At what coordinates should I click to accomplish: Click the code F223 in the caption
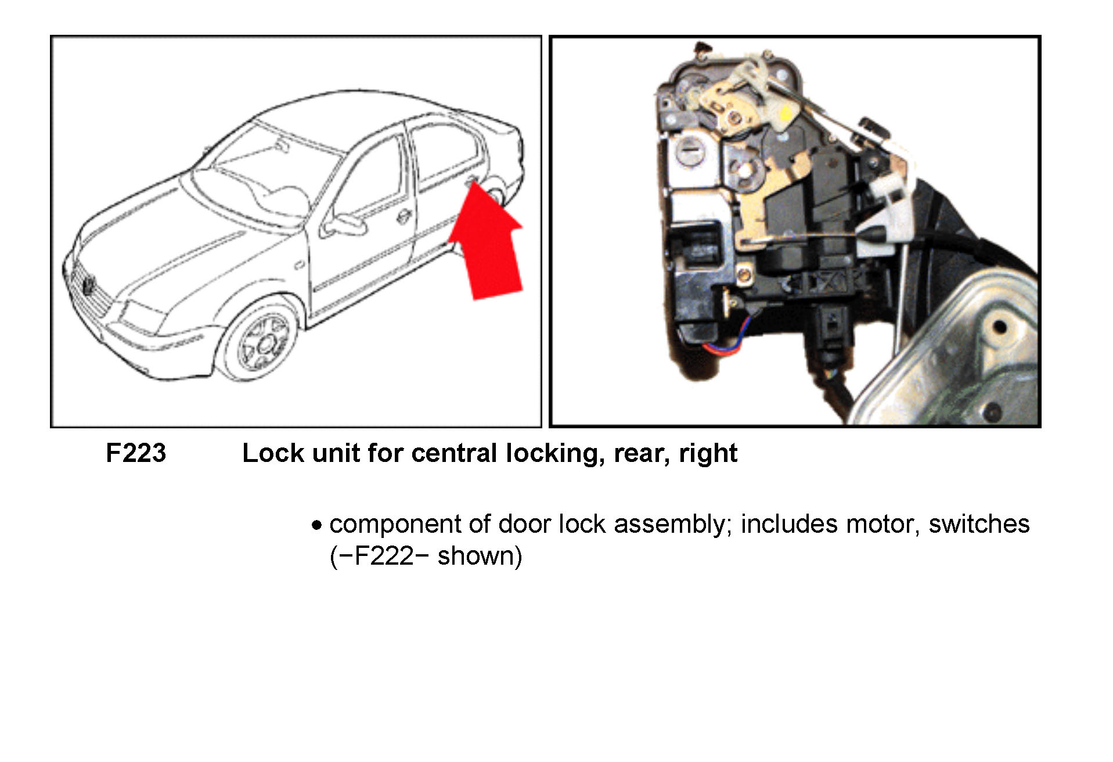click(136, 453)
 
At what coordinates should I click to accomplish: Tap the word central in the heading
click(455, 453)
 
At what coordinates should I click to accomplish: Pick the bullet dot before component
click(316, 526)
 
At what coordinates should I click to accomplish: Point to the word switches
click(979, 524)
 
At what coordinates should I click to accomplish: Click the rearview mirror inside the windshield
click(282, 146)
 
